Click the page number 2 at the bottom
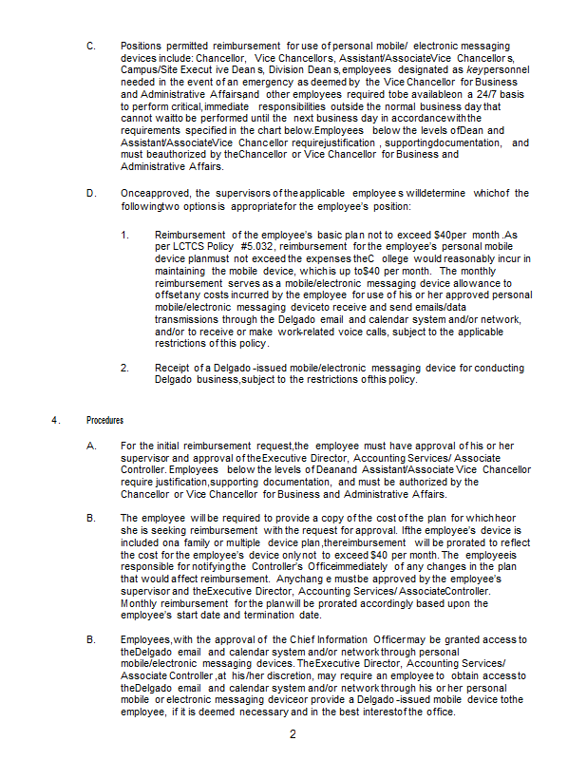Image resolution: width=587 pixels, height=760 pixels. tap(293, 734)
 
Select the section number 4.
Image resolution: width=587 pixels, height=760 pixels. tap(56, 420)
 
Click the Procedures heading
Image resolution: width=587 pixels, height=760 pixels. tap(104, 420)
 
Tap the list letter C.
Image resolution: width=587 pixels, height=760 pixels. tap(90, 46)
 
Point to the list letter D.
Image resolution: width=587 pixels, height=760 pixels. tap(90, 194)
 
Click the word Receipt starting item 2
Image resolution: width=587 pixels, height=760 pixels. tap(175, 368)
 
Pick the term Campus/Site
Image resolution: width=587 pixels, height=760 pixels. tap(150, 70)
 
